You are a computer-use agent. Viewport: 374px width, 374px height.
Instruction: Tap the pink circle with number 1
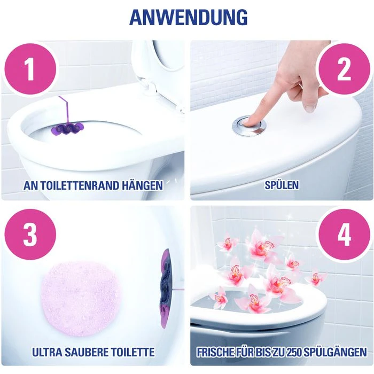click(30, 70)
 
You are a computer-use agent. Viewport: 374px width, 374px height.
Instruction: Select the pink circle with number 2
click(344, 70)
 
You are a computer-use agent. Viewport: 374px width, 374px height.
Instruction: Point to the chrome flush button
click(249, 125)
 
